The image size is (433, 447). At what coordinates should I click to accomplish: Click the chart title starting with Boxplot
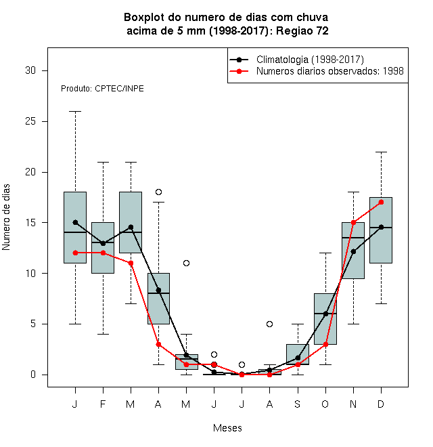(x=226, y=24)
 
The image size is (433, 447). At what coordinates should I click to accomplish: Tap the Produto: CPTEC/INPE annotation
(x=102, y=89)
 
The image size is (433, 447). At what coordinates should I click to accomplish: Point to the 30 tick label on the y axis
(x=30, y=70)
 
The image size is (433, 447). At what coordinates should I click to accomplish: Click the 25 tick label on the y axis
(x=30, y=121)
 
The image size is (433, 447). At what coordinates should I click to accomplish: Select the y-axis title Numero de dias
(x=6, y=217)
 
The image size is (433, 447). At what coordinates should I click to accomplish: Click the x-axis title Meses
(x=227, y=428)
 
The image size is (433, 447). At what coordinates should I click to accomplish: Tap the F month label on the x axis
(x=103, y=404)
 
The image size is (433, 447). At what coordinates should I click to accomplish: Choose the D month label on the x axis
(x=381, y=404)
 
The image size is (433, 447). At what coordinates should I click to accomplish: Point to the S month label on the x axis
(x=298, y=404)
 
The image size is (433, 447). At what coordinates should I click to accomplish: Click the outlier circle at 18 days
(x=159, y=192)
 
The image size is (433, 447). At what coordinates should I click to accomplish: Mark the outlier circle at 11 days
(x=186, y=263)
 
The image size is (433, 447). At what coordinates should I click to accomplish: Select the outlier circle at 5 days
(x=269, y=324)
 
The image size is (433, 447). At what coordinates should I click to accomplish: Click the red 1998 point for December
(x=381, y=202)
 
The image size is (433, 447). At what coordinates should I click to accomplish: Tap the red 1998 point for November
(x=354, y=222)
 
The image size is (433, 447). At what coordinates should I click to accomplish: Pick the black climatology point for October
(x=325, y=314)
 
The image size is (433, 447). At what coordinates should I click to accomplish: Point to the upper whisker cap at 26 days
(x=75, y=112)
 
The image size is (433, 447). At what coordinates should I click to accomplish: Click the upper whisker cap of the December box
(x=381, y=152)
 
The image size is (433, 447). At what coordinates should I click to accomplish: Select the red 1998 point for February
(x=103, y=253)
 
